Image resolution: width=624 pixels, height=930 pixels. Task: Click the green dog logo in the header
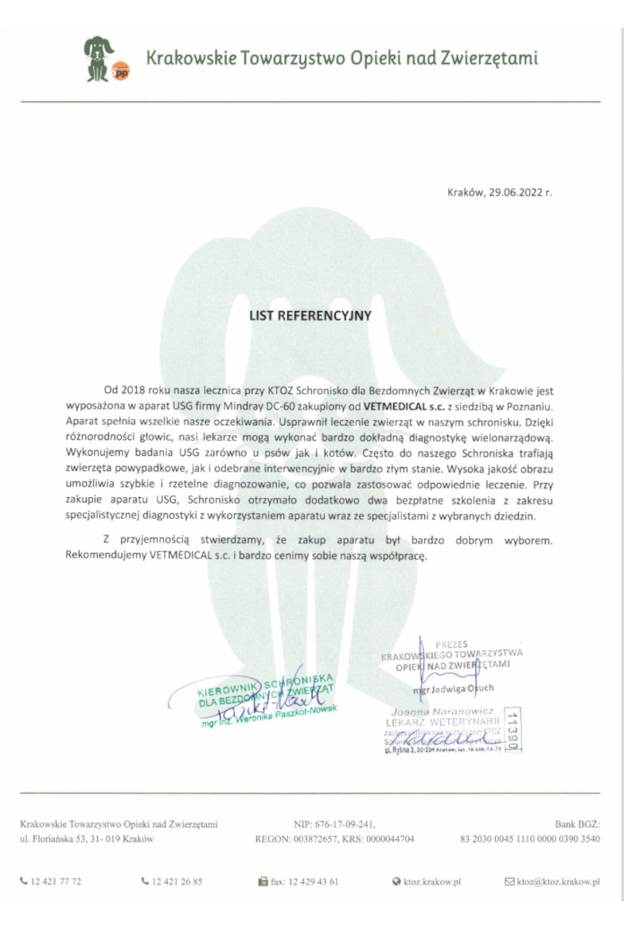99,57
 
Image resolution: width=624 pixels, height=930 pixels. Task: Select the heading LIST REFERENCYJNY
311,316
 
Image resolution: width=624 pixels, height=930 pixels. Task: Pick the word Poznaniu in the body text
519,404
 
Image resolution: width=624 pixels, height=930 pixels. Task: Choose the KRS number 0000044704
389,839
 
